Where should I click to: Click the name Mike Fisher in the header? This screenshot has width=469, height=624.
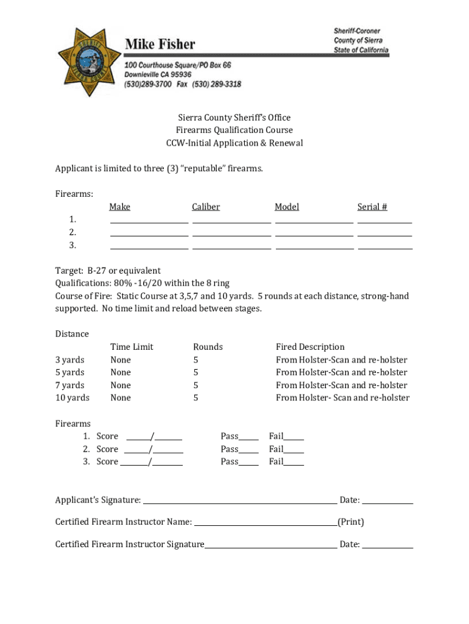(x=160, y=44)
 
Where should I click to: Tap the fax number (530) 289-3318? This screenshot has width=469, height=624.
(x=217, y=84)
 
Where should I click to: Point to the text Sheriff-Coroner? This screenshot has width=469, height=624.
(x=357, y=31)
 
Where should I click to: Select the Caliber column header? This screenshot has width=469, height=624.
(x=206, y=207)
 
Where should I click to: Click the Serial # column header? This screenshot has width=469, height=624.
(x=372, y=207)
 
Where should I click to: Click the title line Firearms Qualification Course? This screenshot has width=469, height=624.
(x=234, y=130)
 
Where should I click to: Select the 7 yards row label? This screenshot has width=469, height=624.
(x=70, y=385)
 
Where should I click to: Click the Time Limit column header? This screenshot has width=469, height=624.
(x=132, y=347)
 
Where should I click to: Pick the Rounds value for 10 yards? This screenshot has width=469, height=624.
(x=196, y=398)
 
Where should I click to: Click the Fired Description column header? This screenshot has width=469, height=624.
(x=310, y=347)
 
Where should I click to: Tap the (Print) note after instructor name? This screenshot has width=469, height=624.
(x=351, y=522)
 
